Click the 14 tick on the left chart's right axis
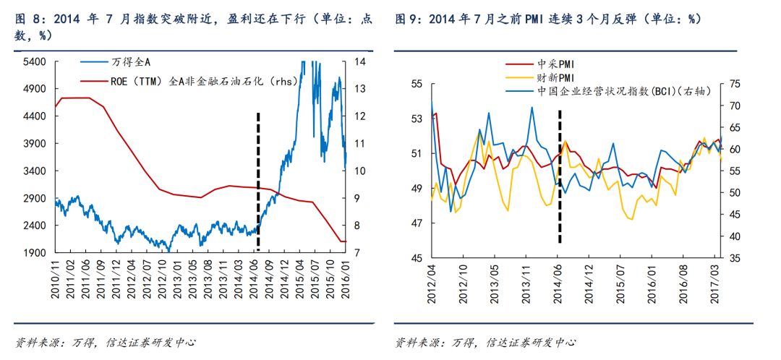click(x=359, y=62)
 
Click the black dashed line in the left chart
click(x=258, y=181)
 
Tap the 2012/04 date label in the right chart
click(x=431, y=280)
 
